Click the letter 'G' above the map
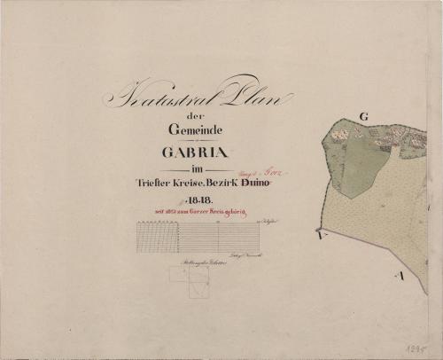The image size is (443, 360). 363,115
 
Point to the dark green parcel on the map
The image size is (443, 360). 354,160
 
